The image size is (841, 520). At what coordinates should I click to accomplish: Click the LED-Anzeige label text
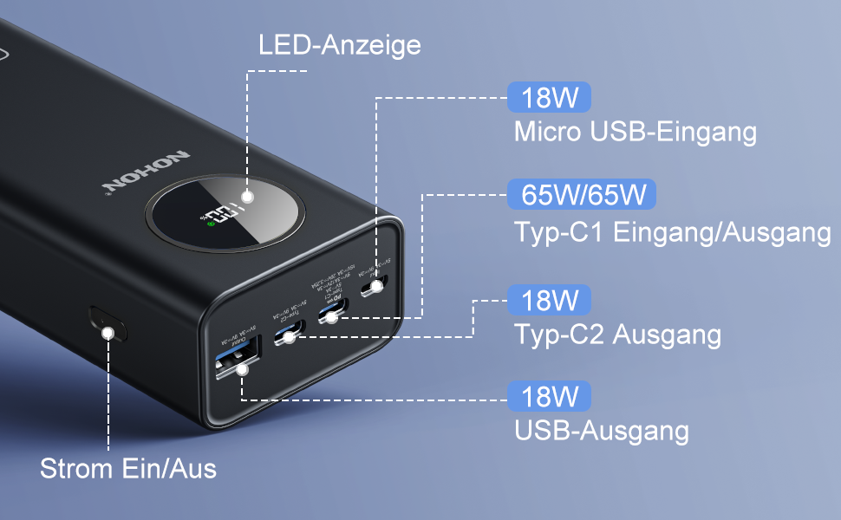coord(340,45)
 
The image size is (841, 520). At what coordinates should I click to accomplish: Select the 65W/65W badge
coord(583,194)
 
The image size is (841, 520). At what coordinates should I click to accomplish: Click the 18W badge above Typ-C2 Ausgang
coord(550,301)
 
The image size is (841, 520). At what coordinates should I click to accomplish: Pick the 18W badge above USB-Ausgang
coord(550,397)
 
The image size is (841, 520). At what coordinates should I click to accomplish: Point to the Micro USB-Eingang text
coord(635,133)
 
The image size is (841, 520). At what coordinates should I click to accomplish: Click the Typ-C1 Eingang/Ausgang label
coord(672,231)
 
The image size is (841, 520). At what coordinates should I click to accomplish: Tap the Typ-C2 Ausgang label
coord(617,335)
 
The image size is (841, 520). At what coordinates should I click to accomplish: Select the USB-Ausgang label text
coord(601,431)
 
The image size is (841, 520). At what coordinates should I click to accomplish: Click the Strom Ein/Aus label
coord(128,469)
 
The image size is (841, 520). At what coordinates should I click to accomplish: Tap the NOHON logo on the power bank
coord(145,171)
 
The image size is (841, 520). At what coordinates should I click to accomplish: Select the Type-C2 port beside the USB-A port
coord(289,333)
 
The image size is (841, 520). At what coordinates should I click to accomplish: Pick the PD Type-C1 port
coord(335,309)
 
